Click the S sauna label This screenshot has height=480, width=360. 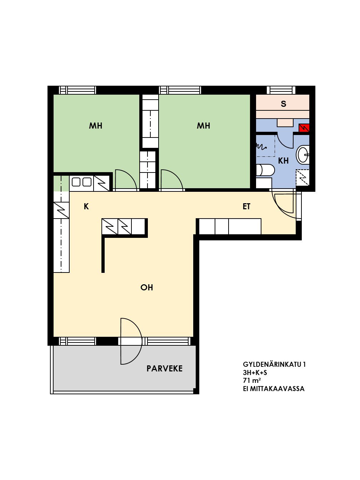(x=283, y=104)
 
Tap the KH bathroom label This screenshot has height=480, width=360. (x=283, y=161)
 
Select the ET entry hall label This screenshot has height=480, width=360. (x=246, y=206)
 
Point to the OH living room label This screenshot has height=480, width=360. (x=147, y=287)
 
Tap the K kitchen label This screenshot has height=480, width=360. (x=86, y=206)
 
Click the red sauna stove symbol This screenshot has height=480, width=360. (x=304, y=128)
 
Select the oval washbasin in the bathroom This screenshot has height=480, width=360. (x=303, y=155)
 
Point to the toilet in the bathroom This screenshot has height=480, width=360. (x=265, y=170)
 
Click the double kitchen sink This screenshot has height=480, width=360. (x=81, y=182)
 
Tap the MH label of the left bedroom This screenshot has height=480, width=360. (x=95, y=126)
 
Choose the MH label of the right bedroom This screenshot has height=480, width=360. (x=203, y=126)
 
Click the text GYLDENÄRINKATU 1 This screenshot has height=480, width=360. (x=274, y=364)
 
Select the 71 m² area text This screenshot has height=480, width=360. (x=251, y=380)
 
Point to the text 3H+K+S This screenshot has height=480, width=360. (x=255, y=372)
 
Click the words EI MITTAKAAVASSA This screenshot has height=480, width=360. (x=274, y=389)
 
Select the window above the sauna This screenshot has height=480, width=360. (x=281, y=90)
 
